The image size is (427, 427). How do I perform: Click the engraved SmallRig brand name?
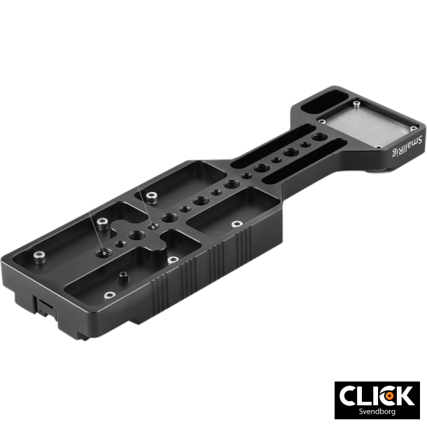coord(407,146)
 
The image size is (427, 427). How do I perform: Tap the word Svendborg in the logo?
coord(377,412)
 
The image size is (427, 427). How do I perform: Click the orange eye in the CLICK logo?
coord(389,395)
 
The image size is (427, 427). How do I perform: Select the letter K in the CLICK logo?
coord(405,395)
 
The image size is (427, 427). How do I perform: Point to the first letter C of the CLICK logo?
coord(348,395)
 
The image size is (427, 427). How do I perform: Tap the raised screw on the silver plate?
coord(356,104)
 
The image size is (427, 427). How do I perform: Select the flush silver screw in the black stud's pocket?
coord(110,295)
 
